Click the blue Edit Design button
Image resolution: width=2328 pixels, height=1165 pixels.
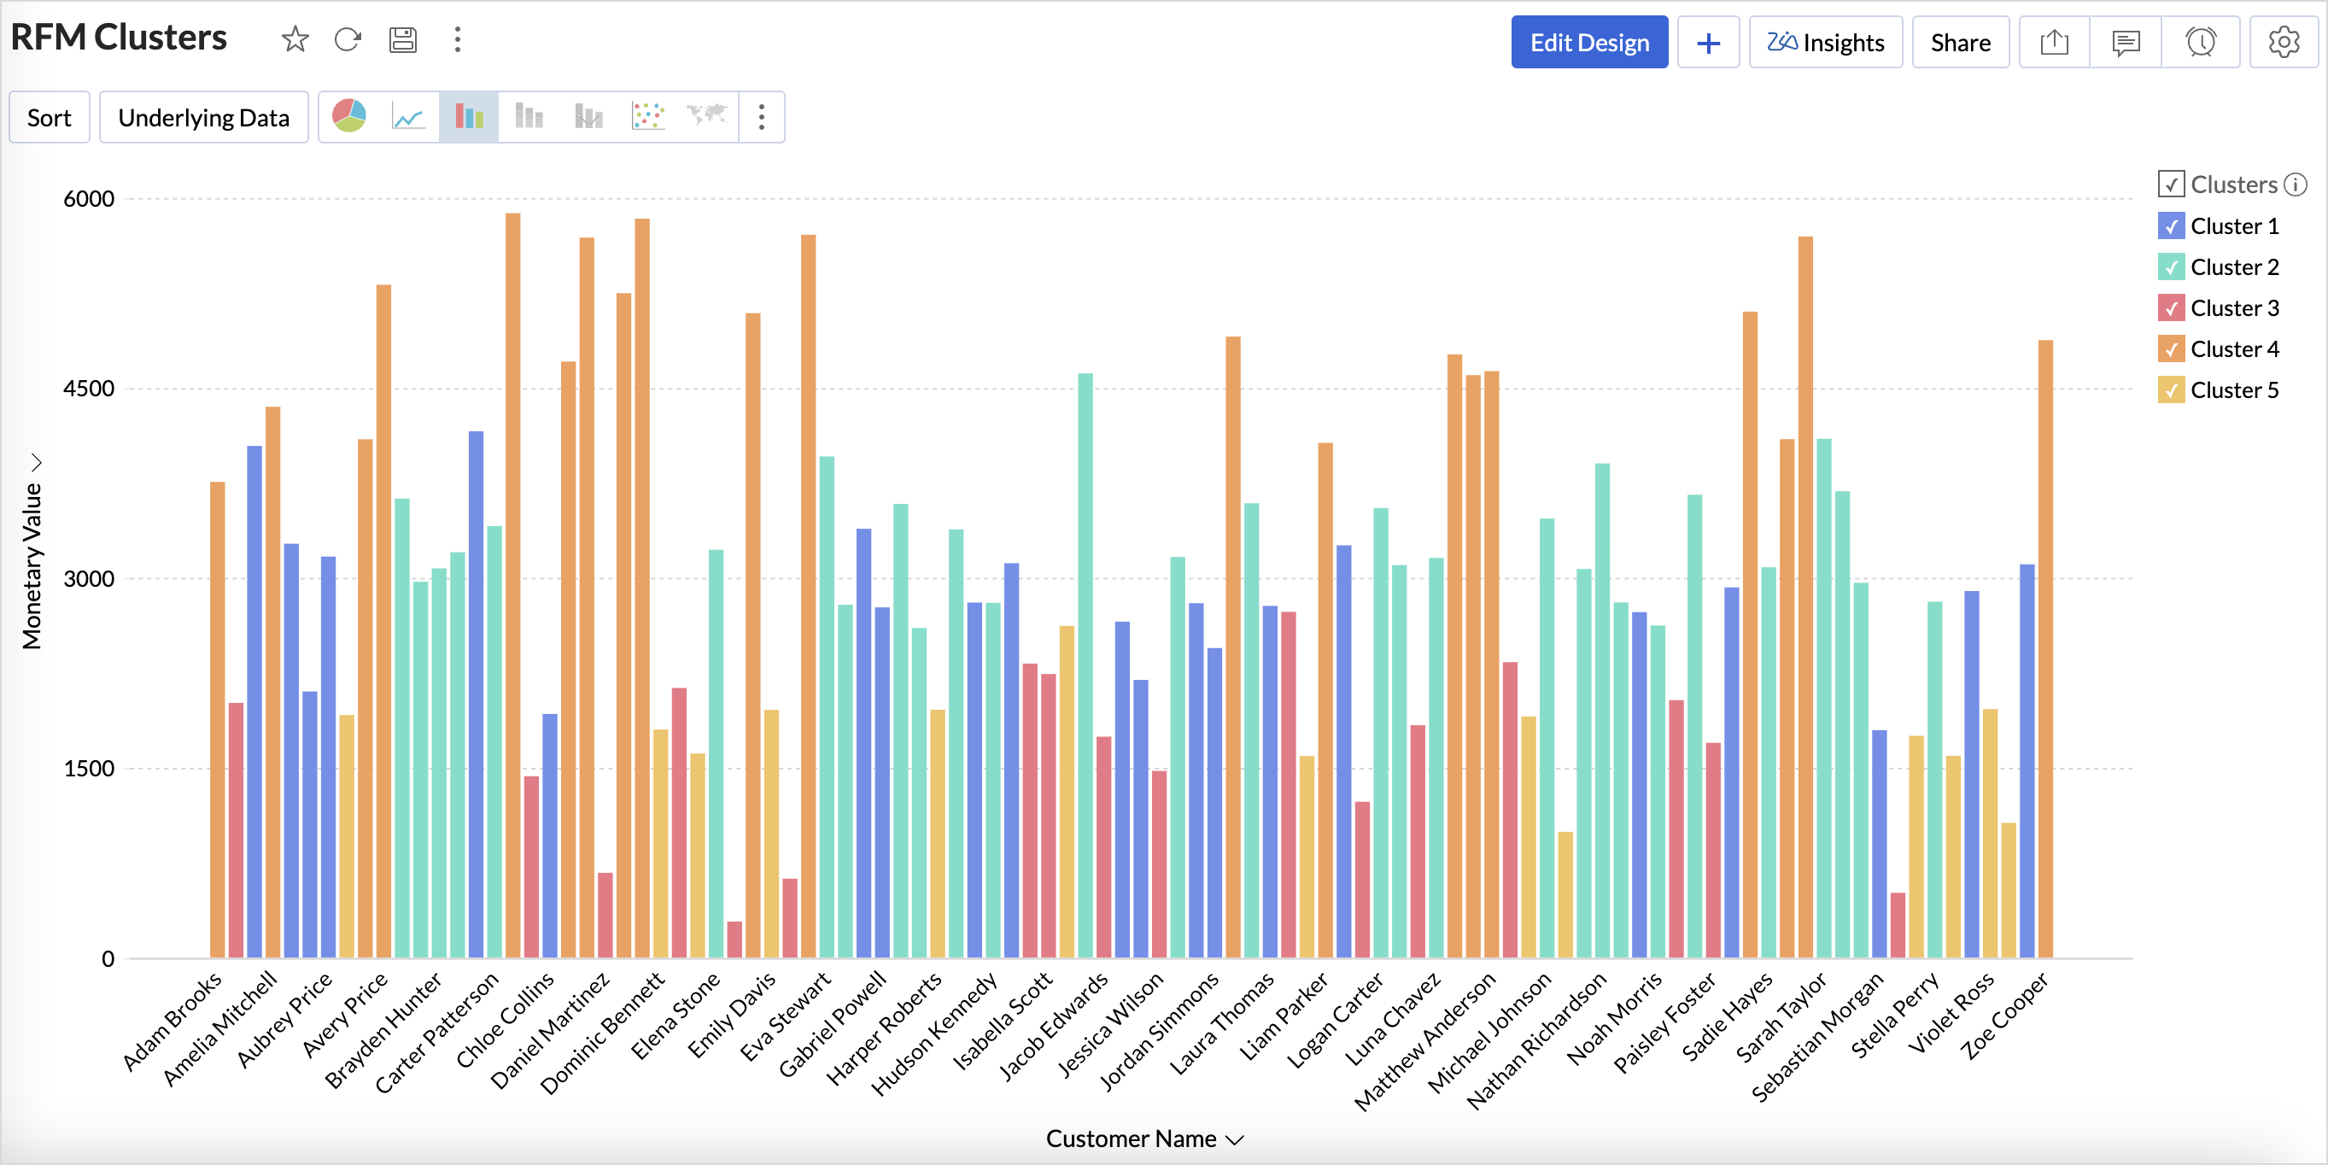click(x=1588, y=43)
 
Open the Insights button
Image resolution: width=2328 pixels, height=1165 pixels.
click(x=1825, y=43)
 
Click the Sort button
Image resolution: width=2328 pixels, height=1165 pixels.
click(x=49, y=118)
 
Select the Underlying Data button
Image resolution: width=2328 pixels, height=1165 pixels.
click(x=203, y=118)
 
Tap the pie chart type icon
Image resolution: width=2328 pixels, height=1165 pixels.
click(x=348, y=117)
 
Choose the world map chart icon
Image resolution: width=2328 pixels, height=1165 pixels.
click(x=707, y=117)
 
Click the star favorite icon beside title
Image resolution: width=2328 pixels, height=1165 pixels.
click(x=295, y=40)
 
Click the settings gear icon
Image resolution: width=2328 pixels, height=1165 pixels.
click(x=2283, y=43)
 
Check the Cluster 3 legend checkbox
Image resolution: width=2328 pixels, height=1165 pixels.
click(x=2171, y=308)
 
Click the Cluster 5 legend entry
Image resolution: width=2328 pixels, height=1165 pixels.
click(x=2233, y=390)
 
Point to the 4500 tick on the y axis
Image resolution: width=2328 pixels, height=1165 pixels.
click(x=89, y=389)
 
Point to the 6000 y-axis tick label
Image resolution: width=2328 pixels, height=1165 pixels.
click(x=89, y=199)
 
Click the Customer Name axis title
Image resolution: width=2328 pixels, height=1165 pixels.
click(x=1131, y=1139)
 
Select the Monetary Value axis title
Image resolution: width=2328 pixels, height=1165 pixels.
click(x=32, y=565)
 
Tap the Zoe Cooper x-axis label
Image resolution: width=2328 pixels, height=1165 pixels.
click(x=2004, y=1016)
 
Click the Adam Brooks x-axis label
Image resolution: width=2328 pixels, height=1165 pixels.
click(x=172, y=1022)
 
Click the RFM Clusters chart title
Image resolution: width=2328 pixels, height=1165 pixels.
click(x=119, y=38)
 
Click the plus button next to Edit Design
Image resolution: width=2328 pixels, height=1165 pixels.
click(x=1707, y=43)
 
